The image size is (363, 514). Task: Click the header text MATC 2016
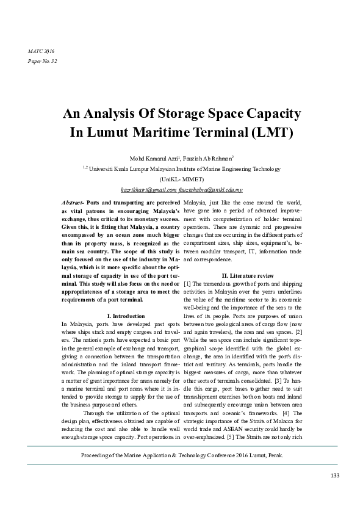point(41,51)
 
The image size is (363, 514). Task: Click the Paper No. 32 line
point(43,62)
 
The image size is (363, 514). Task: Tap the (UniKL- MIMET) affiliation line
point(181,179)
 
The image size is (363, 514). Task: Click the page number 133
point(335,476)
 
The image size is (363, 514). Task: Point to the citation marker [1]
point(187,284)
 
